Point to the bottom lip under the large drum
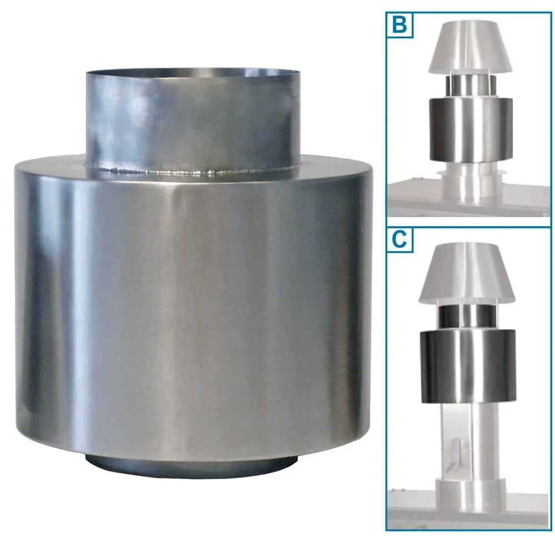coord(191,466)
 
